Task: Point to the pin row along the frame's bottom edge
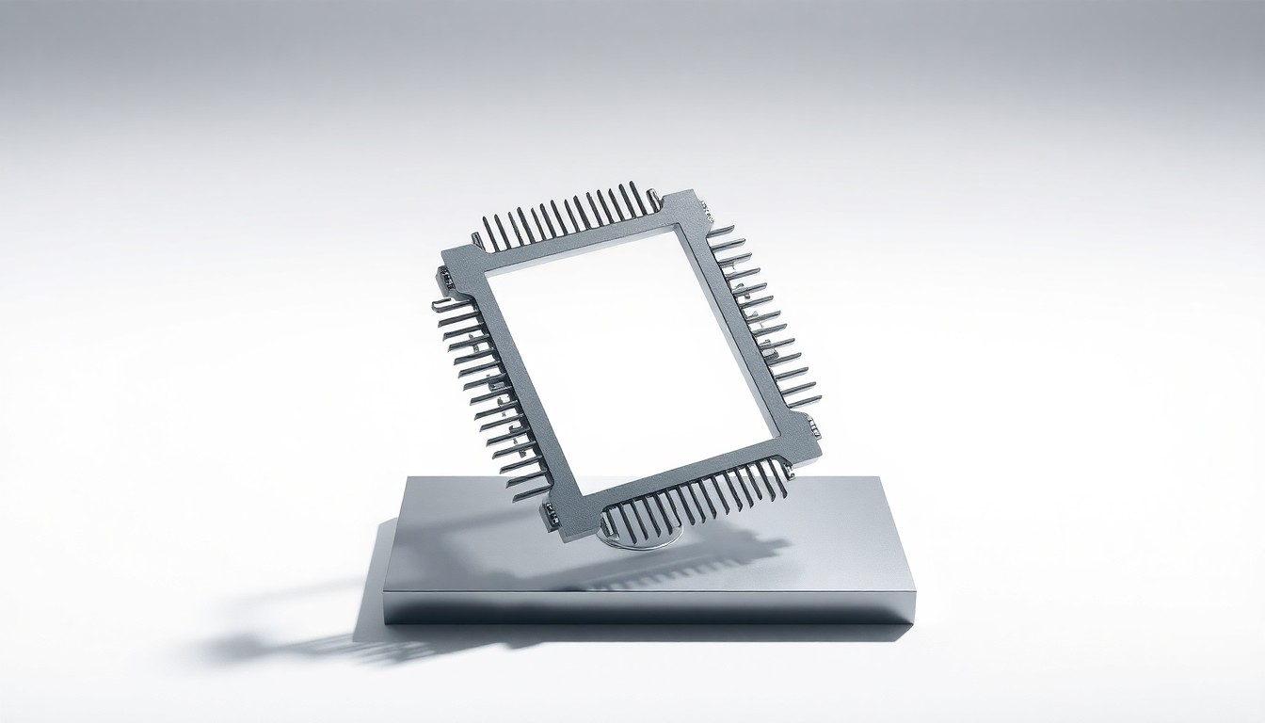pos(692,499)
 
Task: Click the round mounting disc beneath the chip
pos(649,539)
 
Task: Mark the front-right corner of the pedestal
pos(913,593)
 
